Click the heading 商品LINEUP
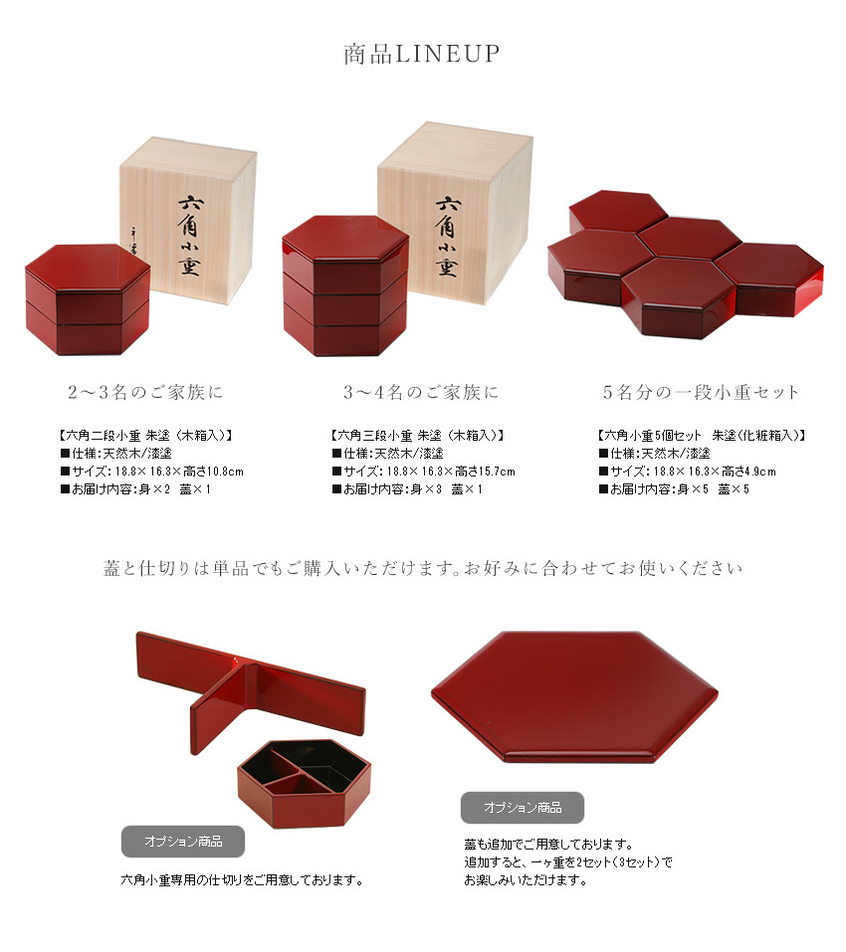[x=422, y=54]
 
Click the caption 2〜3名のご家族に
[x=145, y=392]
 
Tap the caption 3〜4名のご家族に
[x=421, y=392]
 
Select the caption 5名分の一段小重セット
[x=701, y=392]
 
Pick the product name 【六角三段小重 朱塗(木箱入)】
[x=416, y=435]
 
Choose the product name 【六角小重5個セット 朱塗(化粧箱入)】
[x=701, y=435]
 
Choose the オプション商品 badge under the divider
[x=182, y=842]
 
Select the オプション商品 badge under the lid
[x=522, y=807]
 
